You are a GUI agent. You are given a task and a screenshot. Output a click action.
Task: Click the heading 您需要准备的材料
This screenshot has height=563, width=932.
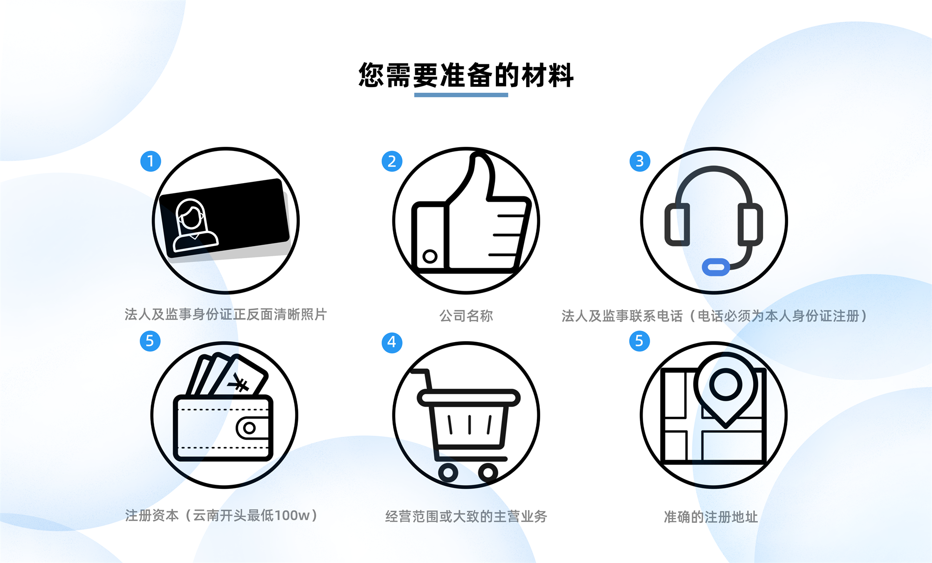[x=466, y=75]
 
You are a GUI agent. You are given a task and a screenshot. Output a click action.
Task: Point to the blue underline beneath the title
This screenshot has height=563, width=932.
[x=461, y=95]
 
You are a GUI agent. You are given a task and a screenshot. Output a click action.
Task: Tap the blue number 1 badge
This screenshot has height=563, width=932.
[x=151, y=161]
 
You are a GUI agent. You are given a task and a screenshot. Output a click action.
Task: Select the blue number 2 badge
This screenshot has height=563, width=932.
[x=392, y=161]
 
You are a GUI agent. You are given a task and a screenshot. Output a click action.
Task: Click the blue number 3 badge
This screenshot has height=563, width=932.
[x=640, y=161]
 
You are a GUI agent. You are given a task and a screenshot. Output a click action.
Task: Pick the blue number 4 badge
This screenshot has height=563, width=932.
[x=392, y=343]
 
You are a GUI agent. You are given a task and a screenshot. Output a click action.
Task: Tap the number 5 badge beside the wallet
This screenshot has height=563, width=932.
[x=150, y=341]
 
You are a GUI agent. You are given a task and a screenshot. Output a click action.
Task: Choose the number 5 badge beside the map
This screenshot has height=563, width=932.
[x=639, y=341]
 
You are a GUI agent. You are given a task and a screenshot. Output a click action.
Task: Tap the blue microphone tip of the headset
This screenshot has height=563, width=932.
[x=716, y=267]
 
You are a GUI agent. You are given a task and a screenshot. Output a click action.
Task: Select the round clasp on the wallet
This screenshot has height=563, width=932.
[x=250, y=428]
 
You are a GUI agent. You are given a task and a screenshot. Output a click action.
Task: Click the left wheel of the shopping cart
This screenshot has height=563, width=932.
[x=448, y=473]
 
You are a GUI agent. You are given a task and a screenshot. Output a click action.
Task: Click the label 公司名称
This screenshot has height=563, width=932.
[x=466, y=316]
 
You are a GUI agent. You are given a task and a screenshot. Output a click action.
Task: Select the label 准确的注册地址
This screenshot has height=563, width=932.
[x=711, y=517]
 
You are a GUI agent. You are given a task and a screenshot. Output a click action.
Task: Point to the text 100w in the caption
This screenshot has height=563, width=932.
[x=292, y=515]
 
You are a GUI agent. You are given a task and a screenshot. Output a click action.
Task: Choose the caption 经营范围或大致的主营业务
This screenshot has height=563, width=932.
[x=466, y=516]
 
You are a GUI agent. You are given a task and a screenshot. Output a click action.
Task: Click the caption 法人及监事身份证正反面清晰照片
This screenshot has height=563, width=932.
[x=226, y=315]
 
